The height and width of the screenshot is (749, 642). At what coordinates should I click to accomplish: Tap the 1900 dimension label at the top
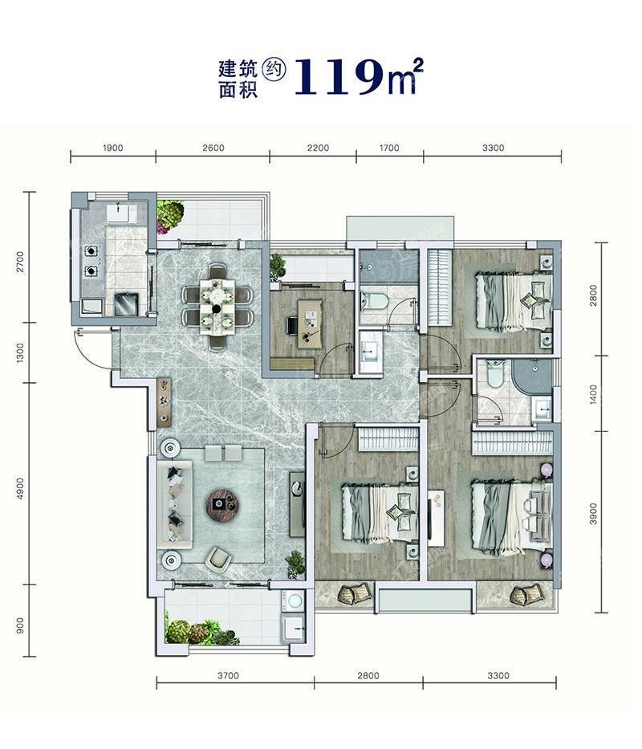(x=112, y=148)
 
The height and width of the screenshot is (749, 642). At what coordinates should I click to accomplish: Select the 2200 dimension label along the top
(x=318, y=148)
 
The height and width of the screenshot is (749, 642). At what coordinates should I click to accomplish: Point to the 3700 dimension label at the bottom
(x=229, y=675)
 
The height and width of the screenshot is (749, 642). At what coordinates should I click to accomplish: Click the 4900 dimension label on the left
(x=20, y=489)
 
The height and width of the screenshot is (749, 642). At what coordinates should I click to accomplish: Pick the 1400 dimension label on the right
(x=593, y=395)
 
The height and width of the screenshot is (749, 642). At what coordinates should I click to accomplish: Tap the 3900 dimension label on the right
(x=593, y=514)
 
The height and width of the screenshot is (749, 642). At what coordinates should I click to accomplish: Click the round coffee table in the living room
(x=222, y=504)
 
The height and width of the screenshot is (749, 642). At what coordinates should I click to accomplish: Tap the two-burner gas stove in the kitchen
(x=91, y=261)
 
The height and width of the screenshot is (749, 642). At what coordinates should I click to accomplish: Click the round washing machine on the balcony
(x=294, y=600)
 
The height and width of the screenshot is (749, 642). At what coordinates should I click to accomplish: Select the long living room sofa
(x=175, y=504)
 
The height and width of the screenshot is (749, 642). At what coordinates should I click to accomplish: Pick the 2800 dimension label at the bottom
(x=368, y=675)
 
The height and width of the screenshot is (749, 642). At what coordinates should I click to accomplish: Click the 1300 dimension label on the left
(x=20, y=352)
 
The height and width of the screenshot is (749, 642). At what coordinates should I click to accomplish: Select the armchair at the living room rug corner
(x=219, y=559)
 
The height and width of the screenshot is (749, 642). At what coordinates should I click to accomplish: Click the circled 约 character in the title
(x=275, y=70)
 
